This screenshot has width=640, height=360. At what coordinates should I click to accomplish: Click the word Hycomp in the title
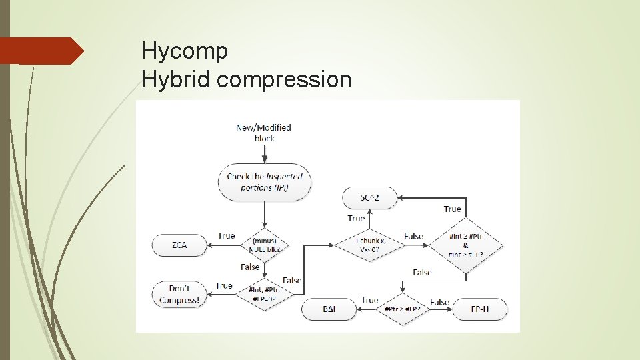[185, 51]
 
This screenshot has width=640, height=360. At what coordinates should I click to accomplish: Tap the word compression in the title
[284, 80]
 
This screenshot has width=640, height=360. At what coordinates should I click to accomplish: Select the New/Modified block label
[264, 133]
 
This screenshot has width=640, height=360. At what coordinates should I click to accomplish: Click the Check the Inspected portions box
[265, 182]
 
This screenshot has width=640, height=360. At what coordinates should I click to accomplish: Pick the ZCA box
[179, 245]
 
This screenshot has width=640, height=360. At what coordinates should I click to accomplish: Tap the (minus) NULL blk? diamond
[265, 245]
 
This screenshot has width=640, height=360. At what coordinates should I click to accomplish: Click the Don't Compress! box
[179, 294]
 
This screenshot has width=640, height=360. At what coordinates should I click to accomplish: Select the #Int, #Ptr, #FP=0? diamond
[265, 294]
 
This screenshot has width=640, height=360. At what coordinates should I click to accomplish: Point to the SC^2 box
[369, 197]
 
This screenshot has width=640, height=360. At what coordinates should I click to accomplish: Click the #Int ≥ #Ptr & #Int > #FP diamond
[467, 245]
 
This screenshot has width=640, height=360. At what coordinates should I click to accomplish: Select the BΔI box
[329, 309]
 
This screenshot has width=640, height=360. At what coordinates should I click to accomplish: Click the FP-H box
[479, 309]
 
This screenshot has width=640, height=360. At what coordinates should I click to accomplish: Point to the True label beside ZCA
[227, 235]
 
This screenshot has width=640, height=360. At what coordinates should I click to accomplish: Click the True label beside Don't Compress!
[225, 286]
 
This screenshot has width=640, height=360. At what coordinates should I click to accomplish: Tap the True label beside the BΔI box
[369, 300]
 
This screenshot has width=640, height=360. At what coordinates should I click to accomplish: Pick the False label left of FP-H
[439, 301]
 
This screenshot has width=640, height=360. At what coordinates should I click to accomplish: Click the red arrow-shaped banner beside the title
[41, 51]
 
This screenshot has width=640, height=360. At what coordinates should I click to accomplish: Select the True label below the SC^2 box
[356, 219]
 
